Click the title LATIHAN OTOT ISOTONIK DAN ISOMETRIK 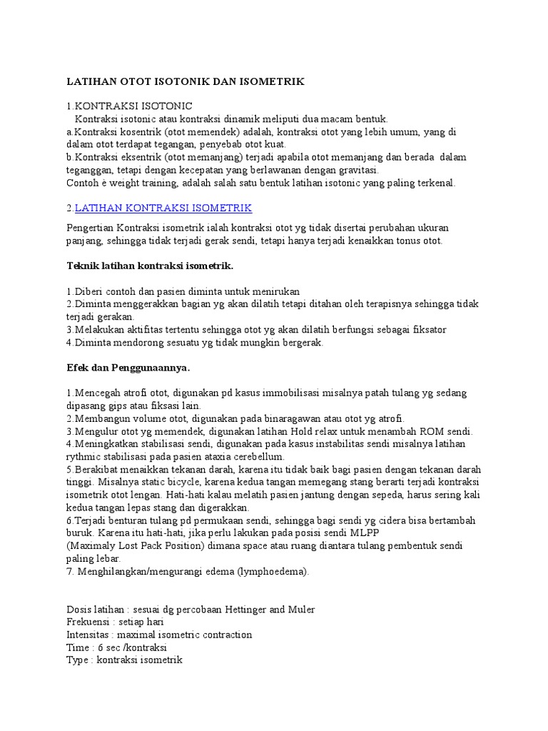pyautogui.click(x=186, y=82)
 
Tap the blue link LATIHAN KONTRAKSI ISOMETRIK pyautogui.click(x=163, y=208)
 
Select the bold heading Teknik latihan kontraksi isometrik pyautogui.click(x=150, y=266)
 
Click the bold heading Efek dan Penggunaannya pyautogui.click(x=127, y=368)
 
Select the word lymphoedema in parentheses pyautogui.click(x=265, y=572)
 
